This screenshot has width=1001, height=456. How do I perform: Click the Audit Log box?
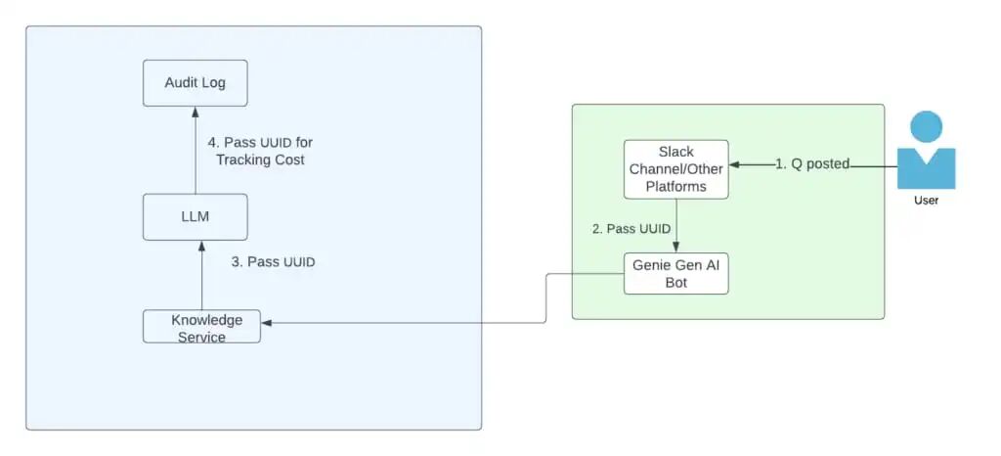195,83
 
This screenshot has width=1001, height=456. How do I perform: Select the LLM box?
195,217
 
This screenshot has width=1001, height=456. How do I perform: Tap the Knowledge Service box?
201,327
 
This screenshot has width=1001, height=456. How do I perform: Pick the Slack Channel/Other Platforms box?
676,169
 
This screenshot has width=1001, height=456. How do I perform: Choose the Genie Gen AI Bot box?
676,273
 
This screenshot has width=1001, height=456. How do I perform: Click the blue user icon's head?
927,126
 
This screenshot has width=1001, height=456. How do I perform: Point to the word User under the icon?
926,201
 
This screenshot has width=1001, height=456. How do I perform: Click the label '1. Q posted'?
812,164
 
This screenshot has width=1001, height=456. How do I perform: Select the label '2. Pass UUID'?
631,229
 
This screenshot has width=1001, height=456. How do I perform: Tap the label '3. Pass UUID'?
274,262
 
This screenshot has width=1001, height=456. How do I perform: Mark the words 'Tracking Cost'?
260,160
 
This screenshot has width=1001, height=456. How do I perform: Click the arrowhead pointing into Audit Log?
196,113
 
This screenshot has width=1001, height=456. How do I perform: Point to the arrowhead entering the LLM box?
201,247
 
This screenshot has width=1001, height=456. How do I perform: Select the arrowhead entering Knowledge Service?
267,323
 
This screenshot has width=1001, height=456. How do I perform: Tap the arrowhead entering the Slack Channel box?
735,164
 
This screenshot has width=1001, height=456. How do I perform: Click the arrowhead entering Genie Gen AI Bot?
676,248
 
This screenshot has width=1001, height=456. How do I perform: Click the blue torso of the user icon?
927,169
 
